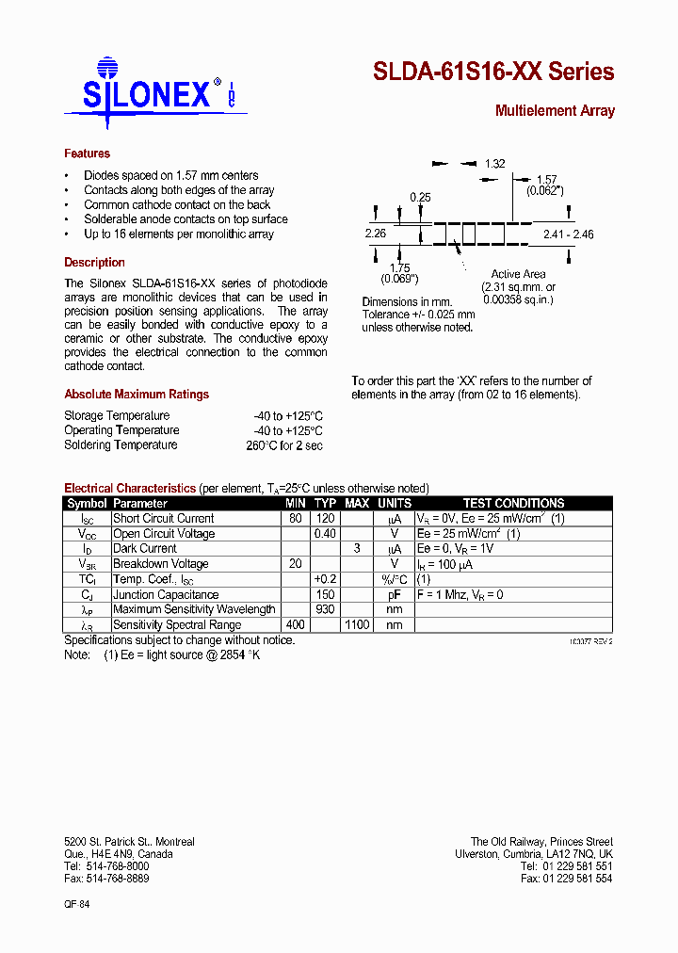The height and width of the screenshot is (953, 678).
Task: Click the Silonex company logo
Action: pos(151,92)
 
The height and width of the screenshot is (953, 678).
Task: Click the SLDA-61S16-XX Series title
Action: pos(493,72)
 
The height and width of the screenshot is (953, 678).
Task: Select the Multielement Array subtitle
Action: pos(555,111)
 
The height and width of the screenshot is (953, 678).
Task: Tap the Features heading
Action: pos(87,153)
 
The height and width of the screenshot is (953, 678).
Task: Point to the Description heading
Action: pos(94,263)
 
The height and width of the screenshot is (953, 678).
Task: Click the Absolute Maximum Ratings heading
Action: pos(137,395)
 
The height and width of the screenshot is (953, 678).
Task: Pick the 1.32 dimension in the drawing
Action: pos(495,164)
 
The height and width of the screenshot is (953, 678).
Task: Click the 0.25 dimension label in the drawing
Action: pos(420,197)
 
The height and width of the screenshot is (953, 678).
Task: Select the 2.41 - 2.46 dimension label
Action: pos(568,234)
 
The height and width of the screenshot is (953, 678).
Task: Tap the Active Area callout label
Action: pos(518,274)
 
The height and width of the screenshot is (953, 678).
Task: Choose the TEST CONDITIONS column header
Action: pos(513,504)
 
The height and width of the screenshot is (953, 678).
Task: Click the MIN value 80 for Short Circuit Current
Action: pos(296,519)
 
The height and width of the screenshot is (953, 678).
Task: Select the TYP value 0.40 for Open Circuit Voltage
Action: pos(325,534)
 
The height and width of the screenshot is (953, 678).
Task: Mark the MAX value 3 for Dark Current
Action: pos(357,549)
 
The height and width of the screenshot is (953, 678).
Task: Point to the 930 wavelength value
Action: pos(326,610)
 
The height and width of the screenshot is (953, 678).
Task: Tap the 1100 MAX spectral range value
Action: pos(356,625)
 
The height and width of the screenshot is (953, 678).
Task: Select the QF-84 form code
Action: pos(77,903)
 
